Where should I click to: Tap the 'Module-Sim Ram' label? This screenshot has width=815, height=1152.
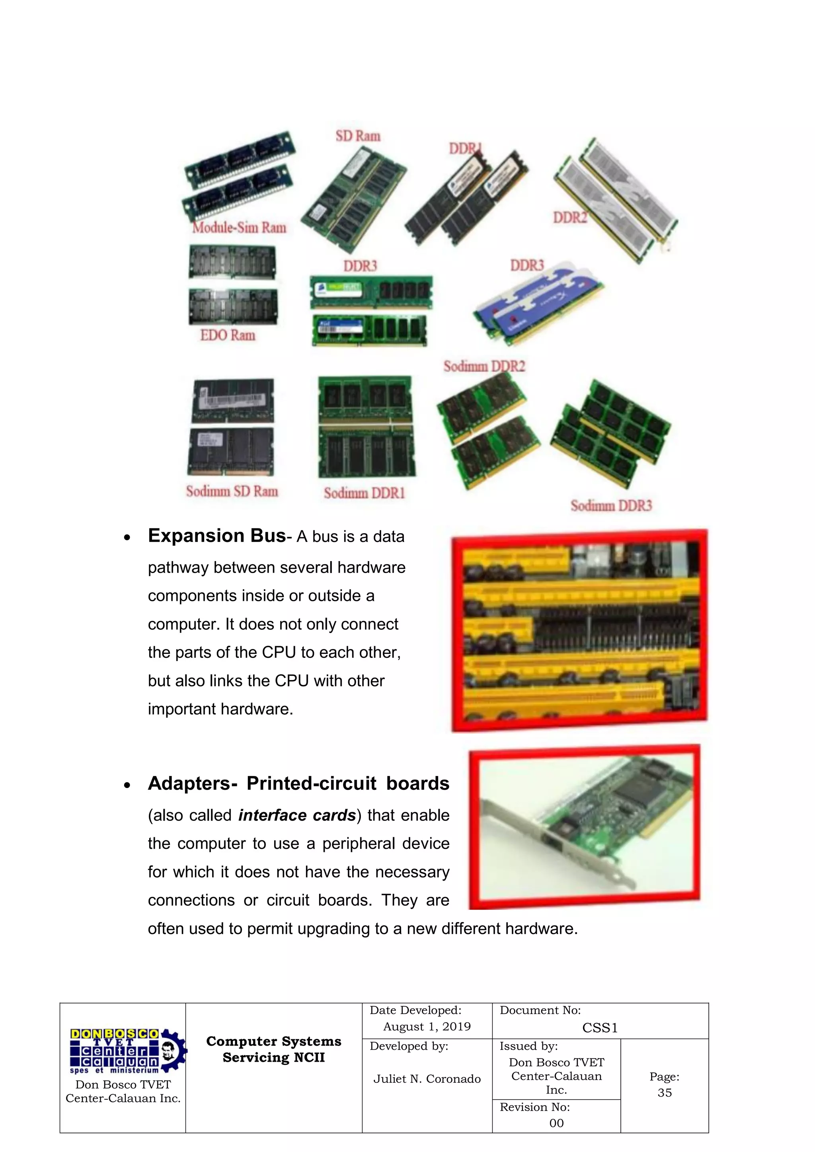coord(240,228)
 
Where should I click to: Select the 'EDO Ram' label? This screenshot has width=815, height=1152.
coord(228,335)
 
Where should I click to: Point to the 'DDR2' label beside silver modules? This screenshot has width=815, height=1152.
coord(569,218)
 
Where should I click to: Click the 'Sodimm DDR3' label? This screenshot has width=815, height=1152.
coord(611,505)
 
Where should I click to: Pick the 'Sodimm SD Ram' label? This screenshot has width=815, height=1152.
coord(232,491)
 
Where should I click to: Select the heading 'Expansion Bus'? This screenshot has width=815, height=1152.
coord(217,536)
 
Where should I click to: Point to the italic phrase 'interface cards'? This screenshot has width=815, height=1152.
coord(296,815)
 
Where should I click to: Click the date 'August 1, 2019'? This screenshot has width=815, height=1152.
coord(427,1027)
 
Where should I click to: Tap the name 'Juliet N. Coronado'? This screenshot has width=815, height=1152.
coord(427,1079)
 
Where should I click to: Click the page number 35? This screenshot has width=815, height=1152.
coord(665,1093)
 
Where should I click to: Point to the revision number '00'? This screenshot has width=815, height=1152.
coord(556,1123)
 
